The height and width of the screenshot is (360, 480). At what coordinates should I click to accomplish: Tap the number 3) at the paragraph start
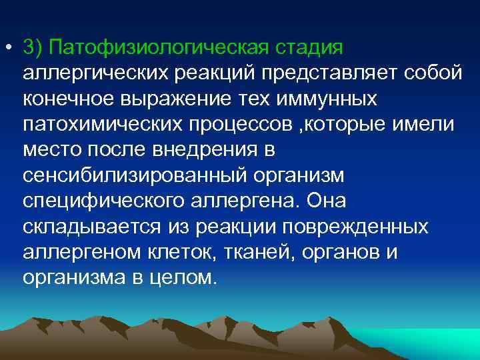coord(31,48)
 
